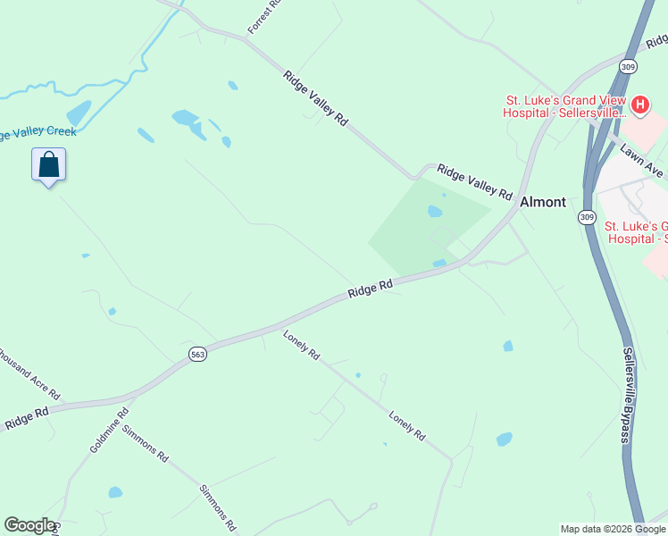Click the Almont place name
[543, 202]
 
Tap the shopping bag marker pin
[49, 165]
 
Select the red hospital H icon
[639, 104]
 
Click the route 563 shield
[198, 355]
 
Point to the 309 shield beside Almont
[586, 217]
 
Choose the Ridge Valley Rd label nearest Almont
[474, 181]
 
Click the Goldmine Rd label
[109, 431]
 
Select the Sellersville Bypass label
[629, 394]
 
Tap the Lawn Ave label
[642, 157]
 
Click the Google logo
[29, 525]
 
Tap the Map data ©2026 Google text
[613, 529]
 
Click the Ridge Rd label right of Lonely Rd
[371, 289]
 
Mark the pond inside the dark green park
[435, 212]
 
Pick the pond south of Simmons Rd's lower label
[115, 492]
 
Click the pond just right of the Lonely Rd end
[505, 439]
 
